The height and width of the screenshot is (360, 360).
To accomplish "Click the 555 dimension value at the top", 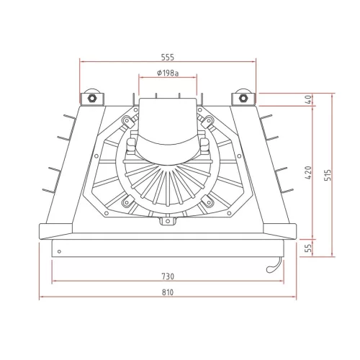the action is pos(168,58).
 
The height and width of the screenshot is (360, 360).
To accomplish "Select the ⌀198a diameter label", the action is pos(168,73).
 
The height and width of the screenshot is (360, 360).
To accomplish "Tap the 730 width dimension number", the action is pos(168,276).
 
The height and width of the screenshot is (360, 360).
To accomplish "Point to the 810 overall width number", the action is pos(168,292).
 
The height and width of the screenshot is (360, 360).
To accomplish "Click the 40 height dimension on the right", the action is pos(309,99).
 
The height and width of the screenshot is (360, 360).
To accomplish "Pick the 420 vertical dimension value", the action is pos(309,173).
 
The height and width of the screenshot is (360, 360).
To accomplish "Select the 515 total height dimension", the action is pos(328,175).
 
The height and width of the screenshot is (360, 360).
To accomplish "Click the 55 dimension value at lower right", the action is pos(309,248).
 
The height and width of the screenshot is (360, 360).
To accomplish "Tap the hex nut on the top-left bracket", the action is pos(91,98).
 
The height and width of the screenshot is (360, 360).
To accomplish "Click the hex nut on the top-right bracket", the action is pos(243,98).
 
